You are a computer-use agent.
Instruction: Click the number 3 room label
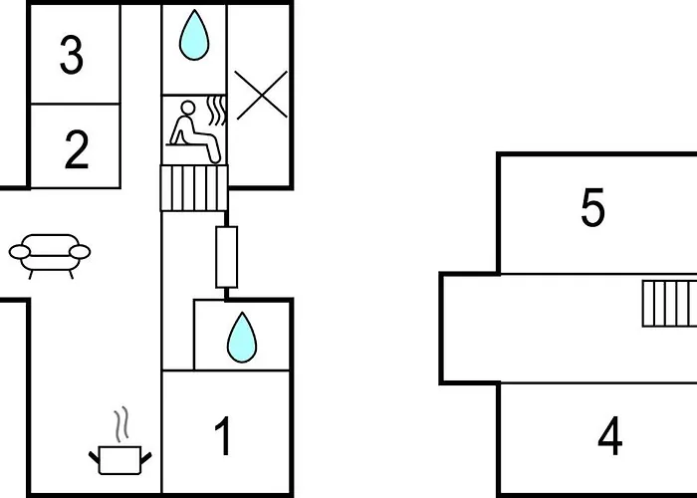coord(72,56)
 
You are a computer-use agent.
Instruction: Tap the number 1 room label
coord(224,436)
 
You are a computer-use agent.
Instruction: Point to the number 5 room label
coord(592,207)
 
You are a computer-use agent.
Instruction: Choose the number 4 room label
coord(609,436)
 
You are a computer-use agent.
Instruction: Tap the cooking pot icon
coord(120,460)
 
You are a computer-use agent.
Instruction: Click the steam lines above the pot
coord(120,424)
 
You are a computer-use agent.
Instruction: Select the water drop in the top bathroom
coord(194,36)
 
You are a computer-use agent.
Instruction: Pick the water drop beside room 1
coord(242,338)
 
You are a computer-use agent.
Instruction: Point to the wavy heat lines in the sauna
coord(216,111)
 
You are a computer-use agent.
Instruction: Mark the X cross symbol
coord(261,95)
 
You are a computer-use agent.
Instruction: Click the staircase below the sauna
coord(194,187)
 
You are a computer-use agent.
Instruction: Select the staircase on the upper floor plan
coord(669,304)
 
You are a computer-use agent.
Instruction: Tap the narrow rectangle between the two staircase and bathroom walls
coord(227,257)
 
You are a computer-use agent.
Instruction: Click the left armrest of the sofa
coord(20,252)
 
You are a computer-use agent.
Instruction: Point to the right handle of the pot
coord(146,457)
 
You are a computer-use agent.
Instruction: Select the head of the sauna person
coord(187,108)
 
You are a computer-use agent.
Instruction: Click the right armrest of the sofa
coord(80,252)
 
